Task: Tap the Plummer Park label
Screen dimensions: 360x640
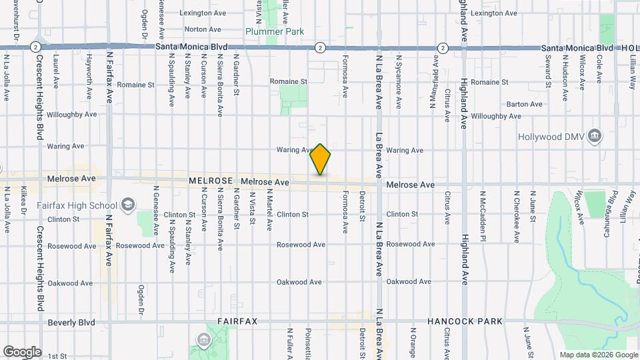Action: [x=275, y=31]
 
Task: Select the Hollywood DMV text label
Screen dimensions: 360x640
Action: [x=557, y=137]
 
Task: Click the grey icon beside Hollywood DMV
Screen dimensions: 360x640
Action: [x=595, y=137]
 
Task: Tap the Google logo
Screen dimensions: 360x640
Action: [x=21, y=352]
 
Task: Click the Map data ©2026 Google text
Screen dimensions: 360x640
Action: [x=598, y=355]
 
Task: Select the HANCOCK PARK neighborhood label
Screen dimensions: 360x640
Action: [x=465, y=321]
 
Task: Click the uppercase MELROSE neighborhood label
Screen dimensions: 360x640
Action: [x=210, y=181]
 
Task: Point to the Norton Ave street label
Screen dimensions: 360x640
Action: [x=202, y=29]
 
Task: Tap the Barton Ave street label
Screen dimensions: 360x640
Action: [x=524, y=104]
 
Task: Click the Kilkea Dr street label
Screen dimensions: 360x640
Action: [x=23, y=200]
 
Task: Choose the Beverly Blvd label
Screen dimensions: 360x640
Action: [x=71, y=323]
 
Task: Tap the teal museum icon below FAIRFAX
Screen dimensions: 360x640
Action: [x=203, y=341]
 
